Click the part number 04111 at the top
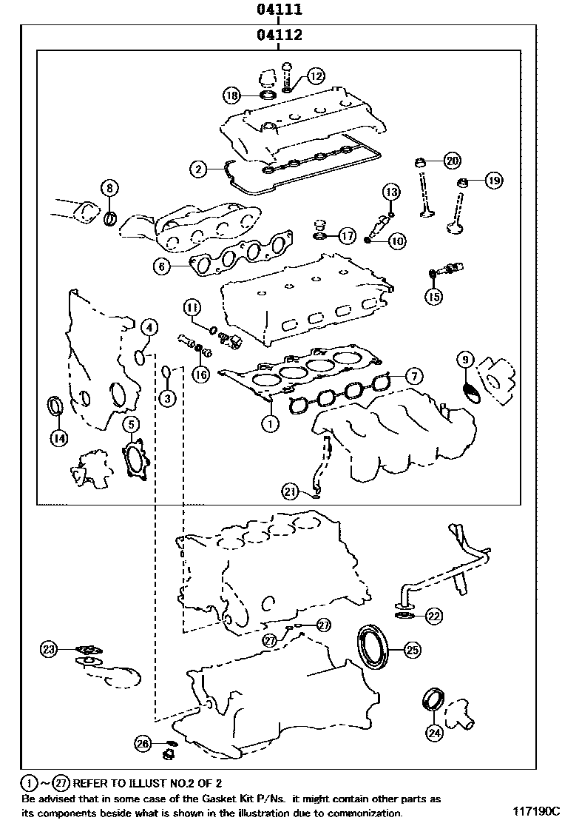pos(279,10)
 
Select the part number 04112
pos(279,35)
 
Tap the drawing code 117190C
pos(535,811)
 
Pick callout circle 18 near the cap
pos(233,95)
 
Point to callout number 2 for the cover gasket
pos(198,169)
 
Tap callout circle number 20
pos(451,160)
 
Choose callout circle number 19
pos(493,180)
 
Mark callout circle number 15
pos(433,297)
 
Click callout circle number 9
pos(465,360)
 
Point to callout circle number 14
pos(58,438)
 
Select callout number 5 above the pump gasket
pos(130,424)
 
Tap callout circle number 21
pos(291,490)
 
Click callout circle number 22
pos(433,615)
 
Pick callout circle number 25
pos(412,650)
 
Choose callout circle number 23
pos(49,649)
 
